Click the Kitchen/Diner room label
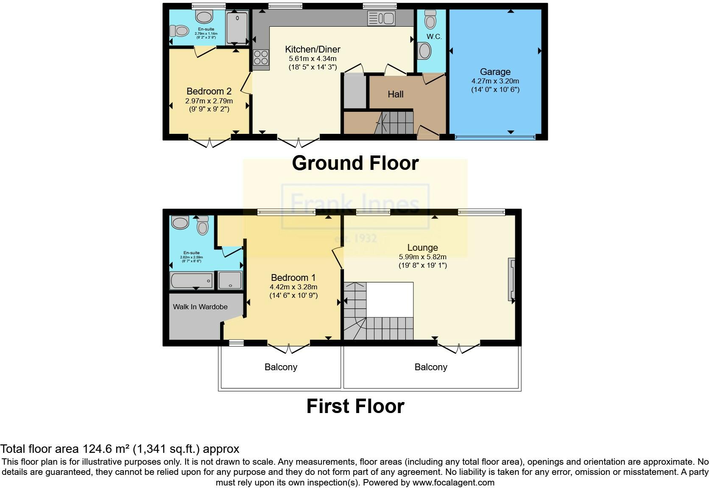pyautogui.click(x=313, y=49)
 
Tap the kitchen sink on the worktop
pyautogui.click(x=382, y=18)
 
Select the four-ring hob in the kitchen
pyautogui.click(x=261, y=57)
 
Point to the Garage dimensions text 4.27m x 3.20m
pyautogui.click(x=495, y=81)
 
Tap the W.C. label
pyautogui.click(x=434, y=36)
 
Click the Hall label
pyautogui.click(x=395, y=94)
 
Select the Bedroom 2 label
pyautogui.click(x=209, y=91)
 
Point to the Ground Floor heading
pyautogui.click(x=355, y=163)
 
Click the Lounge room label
pyautogui.click(x=422, y=247)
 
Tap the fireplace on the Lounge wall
pyautogui.click(x=512, y=280)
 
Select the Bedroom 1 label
pyautogui.click(x=293, y=277)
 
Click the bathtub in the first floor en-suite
pyautogui.click(x=191, y=280)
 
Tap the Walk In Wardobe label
pyautogui.click(x=200, y=307)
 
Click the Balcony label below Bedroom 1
pyautogui.click(x=281, y=367)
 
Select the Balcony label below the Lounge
pyautogui.click(x=431, y=367)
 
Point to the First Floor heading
pyautogui.click(x=355, y=406)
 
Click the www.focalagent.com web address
pyautogui.click(x=453, y=482)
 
